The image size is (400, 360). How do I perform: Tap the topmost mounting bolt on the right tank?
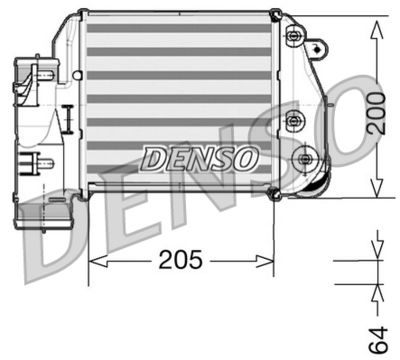point(295,38)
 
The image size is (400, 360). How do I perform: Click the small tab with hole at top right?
point(320,46)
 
